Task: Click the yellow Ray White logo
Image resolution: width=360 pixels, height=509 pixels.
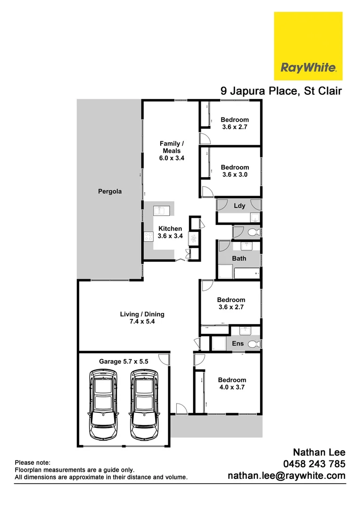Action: pyautogui.click(x=308, y=46)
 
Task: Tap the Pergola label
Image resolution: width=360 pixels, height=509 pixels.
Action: pyautogui.click(x=110, y=191)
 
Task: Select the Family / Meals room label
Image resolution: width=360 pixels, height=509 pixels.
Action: pyautogui.click(x=172, y=151)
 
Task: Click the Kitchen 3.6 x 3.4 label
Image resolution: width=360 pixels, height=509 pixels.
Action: pyautogui.click(x=170, y=232)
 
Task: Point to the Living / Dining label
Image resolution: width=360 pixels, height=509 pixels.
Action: pyautogui.click(x=142, y=318)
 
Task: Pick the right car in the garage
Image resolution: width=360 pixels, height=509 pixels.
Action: pyautogui.click(x=144, y=404)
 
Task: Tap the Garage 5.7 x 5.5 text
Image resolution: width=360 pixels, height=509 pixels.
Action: pyautogui.click(x=123, y=361)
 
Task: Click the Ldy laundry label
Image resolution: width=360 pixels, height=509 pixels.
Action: pyautogui.click(x=239, y=206)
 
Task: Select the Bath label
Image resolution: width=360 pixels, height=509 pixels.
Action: pyautogui.click(x=239, y=258)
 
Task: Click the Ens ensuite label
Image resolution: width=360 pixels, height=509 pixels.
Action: pyautogui.click(x=238, y=344)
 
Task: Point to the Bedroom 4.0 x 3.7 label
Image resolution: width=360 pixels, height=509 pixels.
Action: pyautogui.click(x=232, y=384)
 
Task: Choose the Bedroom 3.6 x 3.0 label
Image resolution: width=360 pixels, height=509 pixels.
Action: pyautogui.click(x=235, y=171)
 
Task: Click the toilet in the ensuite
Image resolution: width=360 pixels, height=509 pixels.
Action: pyautogui.click(x=254, y=344)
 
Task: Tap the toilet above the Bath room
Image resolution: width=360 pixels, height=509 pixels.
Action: pyautogui.click(x=253, y=232)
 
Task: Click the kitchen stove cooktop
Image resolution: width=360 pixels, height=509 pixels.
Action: pyautogui.click(x=149, y=236)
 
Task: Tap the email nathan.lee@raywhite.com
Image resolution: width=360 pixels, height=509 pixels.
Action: pyautogui.click(x=286, y=476)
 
